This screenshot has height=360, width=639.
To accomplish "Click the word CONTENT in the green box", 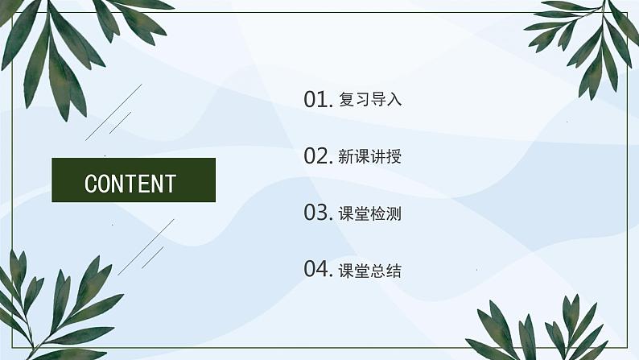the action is pos(130,184).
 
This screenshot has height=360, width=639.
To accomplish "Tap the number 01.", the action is pos(318,99).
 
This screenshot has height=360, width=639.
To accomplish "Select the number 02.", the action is pos(318,155).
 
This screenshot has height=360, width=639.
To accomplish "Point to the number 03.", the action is pos(318,213).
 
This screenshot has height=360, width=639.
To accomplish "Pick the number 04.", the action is pos(318,269).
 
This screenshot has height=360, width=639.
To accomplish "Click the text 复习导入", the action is pos(370,100).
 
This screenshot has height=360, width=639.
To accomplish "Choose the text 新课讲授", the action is pos(370,156).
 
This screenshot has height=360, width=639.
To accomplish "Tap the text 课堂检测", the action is pos(370,213).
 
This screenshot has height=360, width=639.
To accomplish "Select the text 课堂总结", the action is pos(370,271).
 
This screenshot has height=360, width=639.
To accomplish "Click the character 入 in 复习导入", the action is pos(394,100).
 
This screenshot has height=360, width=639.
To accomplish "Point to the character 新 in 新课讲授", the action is pos(346,156).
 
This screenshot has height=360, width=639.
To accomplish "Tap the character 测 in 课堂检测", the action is pos(394,213).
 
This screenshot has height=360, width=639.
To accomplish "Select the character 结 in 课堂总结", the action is pos(394,271).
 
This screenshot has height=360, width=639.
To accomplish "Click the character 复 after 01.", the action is pos(346,100).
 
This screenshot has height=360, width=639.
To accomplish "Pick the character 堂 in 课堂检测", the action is pos(362,213).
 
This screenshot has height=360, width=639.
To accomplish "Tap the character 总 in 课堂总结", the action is pos(378,271).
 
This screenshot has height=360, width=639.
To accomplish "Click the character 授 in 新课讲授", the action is pos(394,156).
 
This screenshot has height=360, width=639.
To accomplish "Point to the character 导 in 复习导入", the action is pos(378,100).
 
